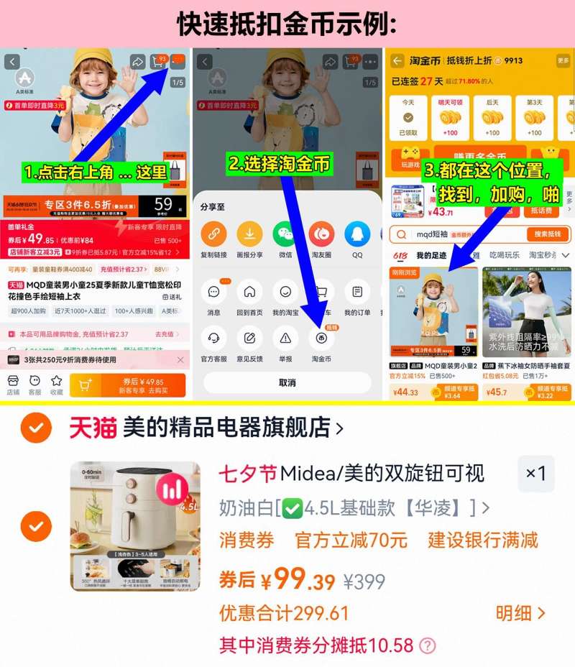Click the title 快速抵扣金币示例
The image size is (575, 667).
(287, 23)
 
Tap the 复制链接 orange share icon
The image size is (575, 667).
(213, 234)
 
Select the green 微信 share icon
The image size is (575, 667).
(285, 234)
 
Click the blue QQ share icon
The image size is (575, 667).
(357, 234)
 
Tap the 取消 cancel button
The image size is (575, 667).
(287, 382)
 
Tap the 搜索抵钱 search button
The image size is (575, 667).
(548, 234)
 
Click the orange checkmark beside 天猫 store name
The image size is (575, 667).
(35, 429)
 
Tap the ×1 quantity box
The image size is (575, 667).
(535, 474)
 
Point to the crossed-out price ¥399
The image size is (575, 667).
(364, 581)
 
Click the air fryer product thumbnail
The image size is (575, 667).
(135, 526)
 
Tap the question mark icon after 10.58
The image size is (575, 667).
(428, 645)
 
